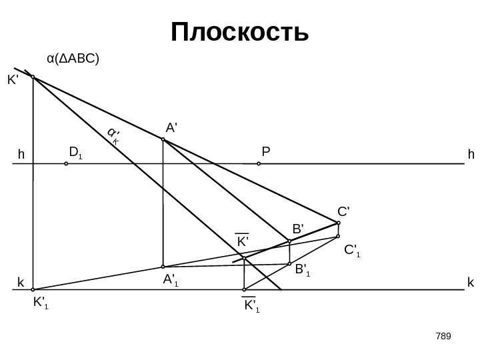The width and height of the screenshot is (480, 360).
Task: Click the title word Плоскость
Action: (240, 31)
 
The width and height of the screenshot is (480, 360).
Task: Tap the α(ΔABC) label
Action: (73, 59)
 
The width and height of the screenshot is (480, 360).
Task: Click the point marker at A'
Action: (163, 140)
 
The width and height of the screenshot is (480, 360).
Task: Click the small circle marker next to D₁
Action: (66, 162)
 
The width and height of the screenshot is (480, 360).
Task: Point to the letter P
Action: (265, 153)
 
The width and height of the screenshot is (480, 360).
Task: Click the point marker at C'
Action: (339, 223)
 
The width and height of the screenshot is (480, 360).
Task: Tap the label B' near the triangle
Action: (297, 229)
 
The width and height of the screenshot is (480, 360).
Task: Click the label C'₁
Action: (352, 251)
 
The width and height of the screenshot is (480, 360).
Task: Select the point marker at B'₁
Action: (289, 265)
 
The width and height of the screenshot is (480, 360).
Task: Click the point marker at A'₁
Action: (163, 267)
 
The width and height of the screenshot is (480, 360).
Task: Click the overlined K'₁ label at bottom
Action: (251, 307)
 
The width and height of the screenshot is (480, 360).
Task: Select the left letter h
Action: (21, 155)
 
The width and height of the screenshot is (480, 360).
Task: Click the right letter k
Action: (471, 283)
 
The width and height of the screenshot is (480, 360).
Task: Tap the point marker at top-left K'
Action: (33, 77)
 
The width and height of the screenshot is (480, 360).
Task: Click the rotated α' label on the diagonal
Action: (113, 135)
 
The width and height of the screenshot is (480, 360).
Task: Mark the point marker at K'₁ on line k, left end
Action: (33, 290)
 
